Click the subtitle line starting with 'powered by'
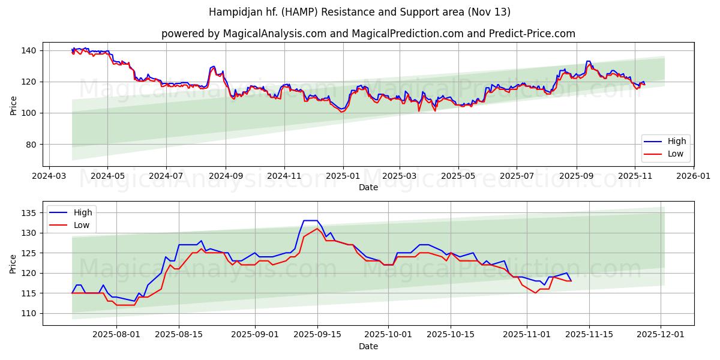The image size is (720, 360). (x=368, y=34)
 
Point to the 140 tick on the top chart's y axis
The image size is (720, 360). (x=28, y=50)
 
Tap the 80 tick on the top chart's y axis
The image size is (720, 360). (x=30, y=145)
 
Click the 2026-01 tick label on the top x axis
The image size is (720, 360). (x=693, y=176)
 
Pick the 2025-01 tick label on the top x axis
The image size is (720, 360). (x=343, y=176)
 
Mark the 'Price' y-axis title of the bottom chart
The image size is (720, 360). (x=13, y=263)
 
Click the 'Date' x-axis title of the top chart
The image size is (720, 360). (x=368, y=187)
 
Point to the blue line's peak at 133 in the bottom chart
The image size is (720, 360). (x=310, y=220)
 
